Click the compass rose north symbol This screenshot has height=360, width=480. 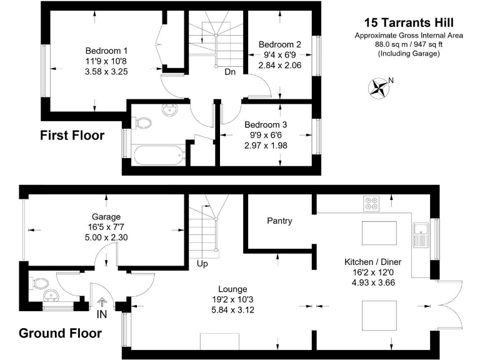377,87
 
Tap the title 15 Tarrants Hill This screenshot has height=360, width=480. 409,22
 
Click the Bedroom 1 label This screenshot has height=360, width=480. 106,51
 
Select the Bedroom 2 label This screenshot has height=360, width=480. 279,44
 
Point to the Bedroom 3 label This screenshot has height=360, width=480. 266,124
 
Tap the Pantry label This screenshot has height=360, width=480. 279,221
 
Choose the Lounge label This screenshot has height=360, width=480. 232,289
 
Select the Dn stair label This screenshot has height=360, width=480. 230,71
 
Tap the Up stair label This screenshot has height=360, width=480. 203,264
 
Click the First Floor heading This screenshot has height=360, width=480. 72,136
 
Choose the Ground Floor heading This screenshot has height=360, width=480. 60,333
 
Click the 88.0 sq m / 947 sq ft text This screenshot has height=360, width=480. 409,44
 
